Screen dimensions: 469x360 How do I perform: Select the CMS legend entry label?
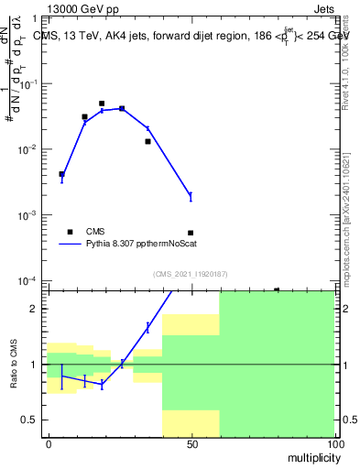pos(96,232)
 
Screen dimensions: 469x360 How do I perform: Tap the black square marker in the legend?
pos(69,232)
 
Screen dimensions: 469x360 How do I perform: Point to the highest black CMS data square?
pos(102,104)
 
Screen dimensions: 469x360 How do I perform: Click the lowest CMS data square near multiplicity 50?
pos(191,233)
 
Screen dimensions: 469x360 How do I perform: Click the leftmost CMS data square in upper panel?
pos(61,174)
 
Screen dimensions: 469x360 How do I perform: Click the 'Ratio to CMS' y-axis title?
pos(14,364)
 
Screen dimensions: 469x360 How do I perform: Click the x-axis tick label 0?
pos(48,444)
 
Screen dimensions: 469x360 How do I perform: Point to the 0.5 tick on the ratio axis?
pos(34,420)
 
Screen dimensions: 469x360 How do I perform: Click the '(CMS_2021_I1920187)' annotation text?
pos(191,274)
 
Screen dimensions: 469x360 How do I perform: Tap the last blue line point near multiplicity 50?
pos(191,196)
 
